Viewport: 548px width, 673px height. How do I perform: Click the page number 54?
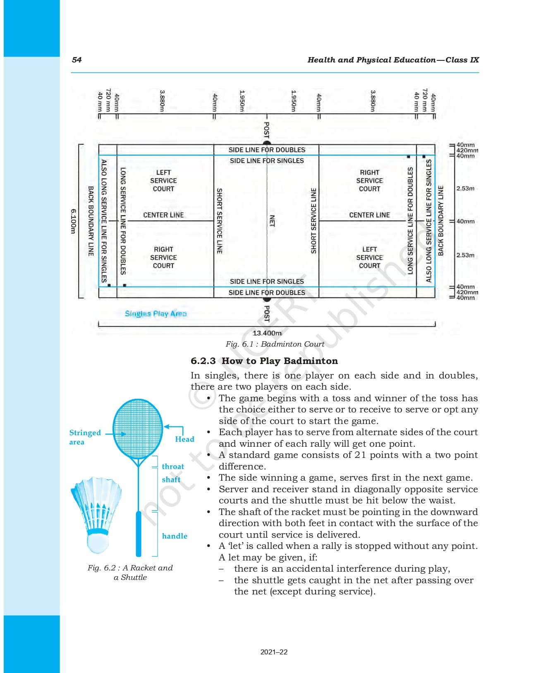pyautogui.click(x=77, y=60)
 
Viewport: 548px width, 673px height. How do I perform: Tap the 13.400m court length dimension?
pyautogui.click(x=267, y=333)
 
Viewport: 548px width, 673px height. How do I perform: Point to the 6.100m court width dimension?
pyautogui.click(x=73, y=221)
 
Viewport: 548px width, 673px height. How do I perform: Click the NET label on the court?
pyautogui.click(x=272, y=220)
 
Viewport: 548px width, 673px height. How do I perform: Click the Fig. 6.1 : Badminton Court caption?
pyautogui.click(x=275, y=344)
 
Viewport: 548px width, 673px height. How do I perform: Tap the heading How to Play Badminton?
pyautogui.click(x=280, y=361)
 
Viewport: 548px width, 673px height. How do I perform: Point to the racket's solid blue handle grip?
pyautogui.click(x=139, y=534)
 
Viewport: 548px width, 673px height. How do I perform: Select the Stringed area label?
pyautogui.click(x=84, y=437)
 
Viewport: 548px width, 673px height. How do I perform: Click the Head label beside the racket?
pyautogui.click(x=184, y=439)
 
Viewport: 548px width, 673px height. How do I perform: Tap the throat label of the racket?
pyautogui.click(x=173, y=467)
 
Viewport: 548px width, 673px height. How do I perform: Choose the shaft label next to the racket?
pyautogui.click(x=171, y=479)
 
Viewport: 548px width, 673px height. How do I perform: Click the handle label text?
pyautogui.click(x=175, y=536)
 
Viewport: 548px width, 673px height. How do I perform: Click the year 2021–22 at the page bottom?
pyautogui.click(x=274, y=652)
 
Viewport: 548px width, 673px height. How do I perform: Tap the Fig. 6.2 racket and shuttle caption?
pyautogui.click(x=130, y=572)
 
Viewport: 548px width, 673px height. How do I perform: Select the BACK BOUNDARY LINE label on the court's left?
pyautogui.click(x=91, y=221)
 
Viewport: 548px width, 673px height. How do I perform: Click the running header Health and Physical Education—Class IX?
pyautogui.click(x=393, y=60)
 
